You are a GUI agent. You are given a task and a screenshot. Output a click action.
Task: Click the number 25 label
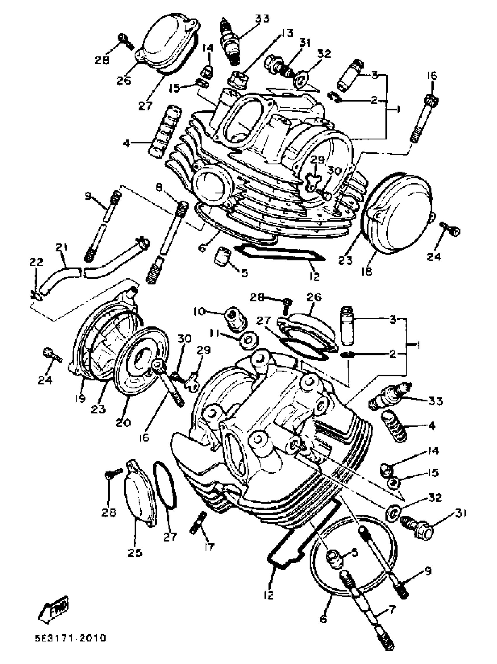point(134,553)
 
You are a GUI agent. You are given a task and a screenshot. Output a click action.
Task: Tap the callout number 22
point(36,262)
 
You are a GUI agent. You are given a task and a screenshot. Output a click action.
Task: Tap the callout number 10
point(199,312)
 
